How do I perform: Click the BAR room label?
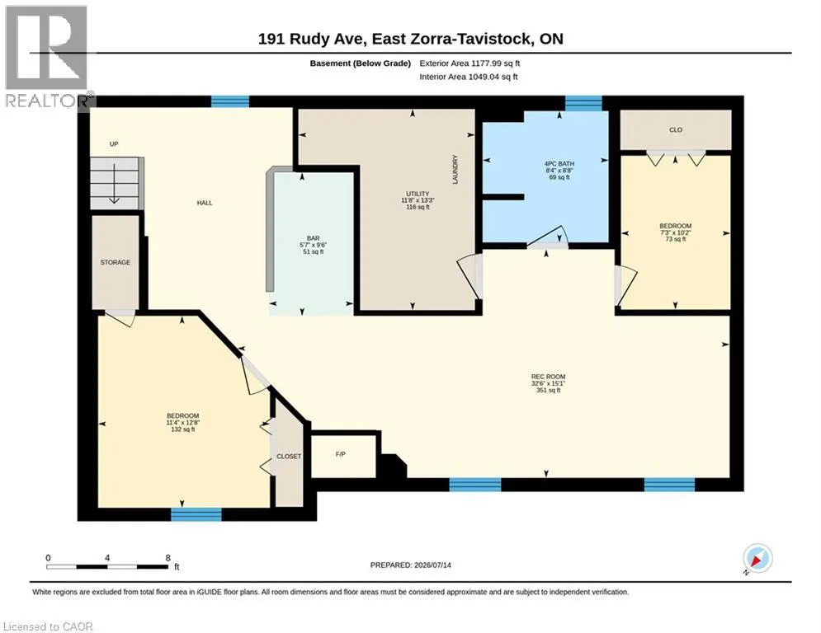point(313,238)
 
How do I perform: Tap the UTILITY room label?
point(418,194)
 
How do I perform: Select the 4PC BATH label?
point(559,164)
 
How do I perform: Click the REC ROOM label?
point(548,377)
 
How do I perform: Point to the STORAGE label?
point(116,262)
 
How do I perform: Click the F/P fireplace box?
point(343,455)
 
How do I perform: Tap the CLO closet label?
point(676,129)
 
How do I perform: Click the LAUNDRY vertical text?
point(455,169)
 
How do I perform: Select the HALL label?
point(205,203)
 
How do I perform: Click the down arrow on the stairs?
point(114,184)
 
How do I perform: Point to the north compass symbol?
point(757,560)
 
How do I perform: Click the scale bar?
point(107,566)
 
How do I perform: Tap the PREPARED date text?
point(411,565)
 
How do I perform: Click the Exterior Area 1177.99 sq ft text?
point(469,63)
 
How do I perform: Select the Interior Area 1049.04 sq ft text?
point(469,77)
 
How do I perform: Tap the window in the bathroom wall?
point(584,104)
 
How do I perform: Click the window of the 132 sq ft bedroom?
point(196,514)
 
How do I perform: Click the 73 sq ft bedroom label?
point(676,232)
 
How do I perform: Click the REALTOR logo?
point(47,57)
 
